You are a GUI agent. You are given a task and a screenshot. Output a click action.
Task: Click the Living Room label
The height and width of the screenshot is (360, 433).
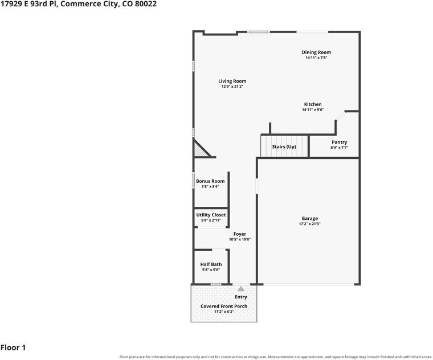pos(232,81)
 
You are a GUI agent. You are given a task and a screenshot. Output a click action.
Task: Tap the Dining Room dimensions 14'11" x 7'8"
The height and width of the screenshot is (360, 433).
pos(316,58)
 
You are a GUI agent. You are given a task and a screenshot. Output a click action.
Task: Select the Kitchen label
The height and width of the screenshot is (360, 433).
pos(313,104)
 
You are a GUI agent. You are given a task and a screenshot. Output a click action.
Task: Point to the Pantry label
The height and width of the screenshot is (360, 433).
pos(340,142)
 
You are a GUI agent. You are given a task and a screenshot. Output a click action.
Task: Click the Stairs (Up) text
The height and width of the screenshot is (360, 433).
pos(284,146)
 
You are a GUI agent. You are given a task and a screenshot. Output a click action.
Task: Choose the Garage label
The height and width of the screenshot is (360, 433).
pos(309,218)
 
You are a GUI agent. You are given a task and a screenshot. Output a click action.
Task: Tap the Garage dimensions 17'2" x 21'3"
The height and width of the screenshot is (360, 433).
pos(309,224)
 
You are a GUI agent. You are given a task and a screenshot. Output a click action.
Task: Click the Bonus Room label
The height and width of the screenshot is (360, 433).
pos(210,181)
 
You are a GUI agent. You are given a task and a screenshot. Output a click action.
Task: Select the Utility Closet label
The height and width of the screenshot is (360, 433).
pos(211,215)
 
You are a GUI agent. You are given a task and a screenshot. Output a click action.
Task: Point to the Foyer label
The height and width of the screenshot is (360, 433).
pos(240,234)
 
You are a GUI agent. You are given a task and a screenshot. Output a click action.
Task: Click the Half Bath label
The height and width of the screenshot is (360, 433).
pos(211,264)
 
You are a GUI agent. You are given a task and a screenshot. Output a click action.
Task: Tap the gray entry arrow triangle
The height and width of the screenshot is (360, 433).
pos(241,289)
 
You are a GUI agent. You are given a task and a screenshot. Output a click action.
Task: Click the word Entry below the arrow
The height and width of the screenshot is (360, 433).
pos(241,297)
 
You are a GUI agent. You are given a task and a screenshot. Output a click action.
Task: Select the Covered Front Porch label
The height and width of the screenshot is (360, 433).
pos(224,306)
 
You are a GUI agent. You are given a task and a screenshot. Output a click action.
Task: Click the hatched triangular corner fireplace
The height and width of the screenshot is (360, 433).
pos(201,149)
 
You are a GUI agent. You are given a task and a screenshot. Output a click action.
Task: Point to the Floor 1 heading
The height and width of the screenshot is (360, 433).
pos(13,347)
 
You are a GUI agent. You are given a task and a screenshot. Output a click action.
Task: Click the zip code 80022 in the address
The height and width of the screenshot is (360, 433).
pos(145,4)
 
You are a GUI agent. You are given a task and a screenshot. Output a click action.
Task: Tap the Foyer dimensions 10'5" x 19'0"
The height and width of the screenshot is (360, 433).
pos(240,240)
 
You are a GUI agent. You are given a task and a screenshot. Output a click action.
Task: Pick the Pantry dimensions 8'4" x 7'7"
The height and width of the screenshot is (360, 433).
pos(340,148)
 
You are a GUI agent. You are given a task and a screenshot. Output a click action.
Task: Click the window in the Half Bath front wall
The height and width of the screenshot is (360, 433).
pos(216,284)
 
